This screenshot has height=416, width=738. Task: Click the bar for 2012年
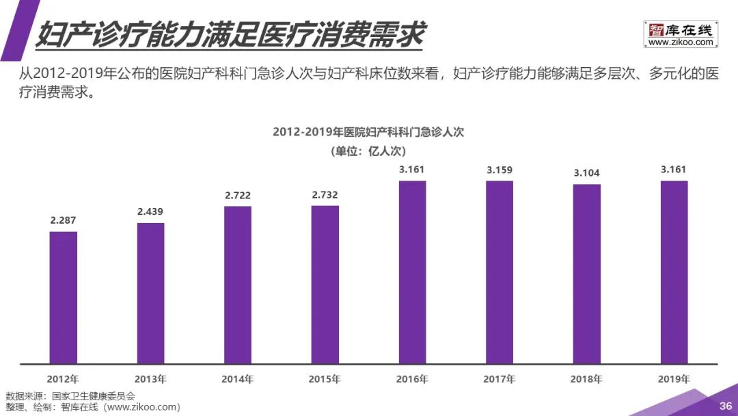click(64, 297)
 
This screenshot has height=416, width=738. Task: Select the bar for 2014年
click(238, 285)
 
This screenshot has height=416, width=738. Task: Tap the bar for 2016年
click(412, 272)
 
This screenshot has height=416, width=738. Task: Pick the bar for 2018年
click(586, 274)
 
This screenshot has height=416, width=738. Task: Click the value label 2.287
click(64, 220)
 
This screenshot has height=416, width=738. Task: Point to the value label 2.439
click(150, 211)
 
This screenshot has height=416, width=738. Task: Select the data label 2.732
click(325, 195)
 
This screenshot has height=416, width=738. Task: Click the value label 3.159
click(500, 170)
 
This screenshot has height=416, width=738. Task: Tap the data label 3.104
click(586, 173)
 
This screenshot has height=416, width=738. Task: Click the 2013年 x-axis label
click(150, 378)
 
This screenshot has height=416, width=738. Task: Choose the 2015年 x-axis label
click(325, 378)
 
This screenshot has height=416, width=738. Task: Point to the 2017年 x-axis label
click(500, 378)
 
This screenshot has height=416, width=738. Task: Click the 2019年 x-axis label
click(674, 378)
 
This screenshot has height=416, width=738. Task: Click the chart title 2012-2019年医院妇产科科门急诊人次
click(368, 132)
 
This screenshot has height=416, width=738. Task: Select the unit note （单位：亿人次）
click(368, 151)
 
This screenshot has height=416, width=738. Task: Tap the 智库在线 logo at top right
click(681, 30)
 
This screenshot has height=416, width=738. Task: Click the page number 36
click(725, 406)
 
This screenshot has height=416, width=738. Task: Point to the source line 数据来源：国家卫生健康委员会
click(70, 396)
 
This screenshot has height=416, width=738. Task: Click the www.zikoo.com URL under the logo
click(681, 42)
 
